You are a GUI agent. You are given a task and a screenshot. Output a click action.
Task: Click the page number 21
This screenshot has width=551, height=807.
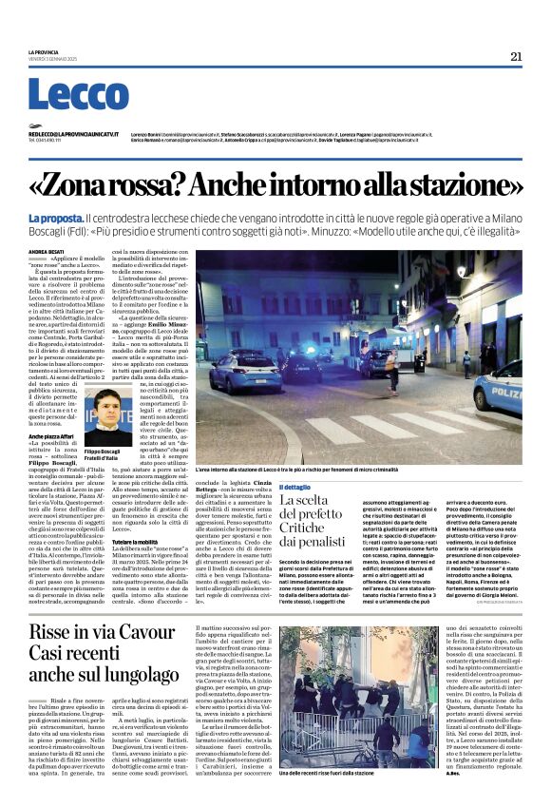click(x=515, y=56)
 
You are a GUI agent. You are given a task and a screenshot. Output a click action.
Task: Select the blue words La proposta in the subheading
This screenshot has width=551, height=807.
click(x=55, y=219)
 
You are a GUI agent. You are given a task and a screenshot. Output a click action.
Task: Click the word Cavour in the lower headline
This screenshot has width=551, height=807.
click(x=156, y=632)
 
